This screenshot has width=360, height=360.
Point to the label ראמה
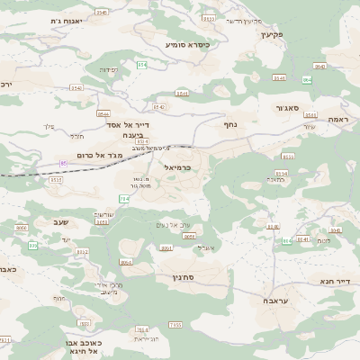(x=337, y=119)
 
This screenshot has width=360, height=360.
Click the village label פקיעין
(x=271, y=34)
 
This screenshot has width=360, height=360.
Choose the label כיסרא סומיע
(x=187, y=43)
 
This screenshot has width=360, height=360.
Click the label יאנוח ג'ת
(x=66, y=20)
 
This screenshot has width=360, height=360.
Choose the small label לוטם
(x=324, y=240)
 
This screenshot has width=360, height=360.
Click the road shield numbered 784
(x=124, y=198)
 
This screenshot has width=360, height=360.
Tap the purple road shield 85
(x=64, y=162)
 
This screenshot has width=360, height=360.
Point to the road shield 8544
(x=103, y=113)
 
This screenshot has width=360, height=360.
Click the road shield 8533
(x=209, y=18)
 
